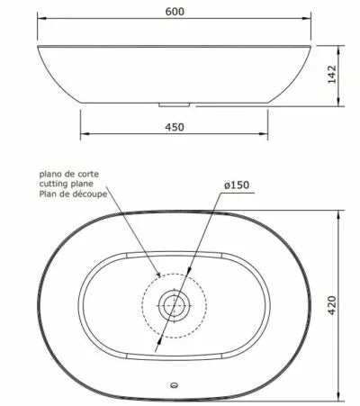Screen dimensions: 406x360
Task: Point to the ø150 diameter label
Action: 235,186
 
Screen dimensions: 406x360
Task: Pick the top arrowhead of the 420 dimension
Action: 342,215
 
